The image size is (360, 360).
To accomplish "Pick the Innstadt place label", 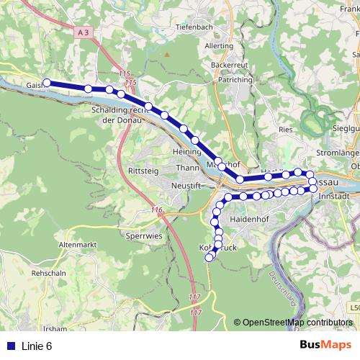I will click(333, 196).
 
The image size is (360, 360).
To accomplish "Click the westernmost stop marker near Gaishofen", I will click(47, 83).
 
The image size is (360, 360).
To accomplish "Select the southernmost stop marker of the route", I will click(209, 257).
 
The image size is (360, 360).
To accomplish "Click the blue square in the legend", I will click(10, 346).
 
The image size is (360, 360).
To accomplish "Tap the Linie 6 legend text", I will click(37, 346).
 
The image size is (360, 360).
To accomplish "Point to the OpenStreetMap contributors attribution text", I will click(298, 322).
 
